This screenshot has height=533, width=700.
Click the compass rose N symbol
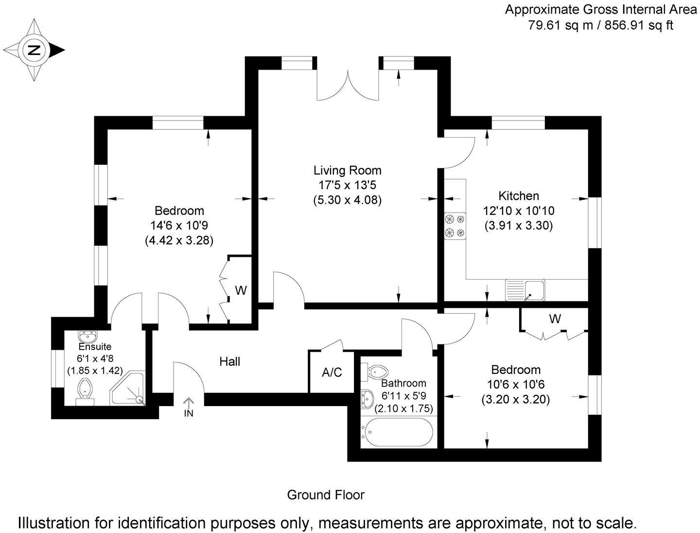coord(34,50)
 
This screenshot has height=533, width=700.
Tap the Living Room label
coord(347,171)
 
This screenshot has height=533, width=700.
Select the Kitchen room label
coord(519,196)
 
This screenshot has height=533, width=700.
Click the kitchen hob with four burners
coord(455,226)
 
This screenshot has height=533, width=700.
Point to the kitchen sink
coord(525,290)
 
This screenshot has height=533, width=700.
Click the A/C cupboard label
coord(332,373)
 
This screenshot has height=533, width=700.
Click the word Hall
coord(230,361)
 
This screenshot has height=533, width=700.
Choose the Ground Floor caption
coord(326,495)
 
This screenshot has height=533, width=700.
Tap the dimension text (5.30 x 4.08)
coord(347,200)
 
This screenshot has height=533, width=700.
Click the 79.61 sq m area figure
coord(560,25)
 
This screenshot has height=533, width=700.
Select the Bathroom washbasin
coord(367,399)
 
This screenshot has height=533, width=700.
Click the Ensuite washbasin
coord(87,336)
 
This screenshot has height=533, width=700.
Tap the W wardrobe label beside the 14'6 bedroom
coord(241,291)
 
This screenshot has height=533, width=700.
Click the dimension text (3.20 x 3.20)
coord(515,400)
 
